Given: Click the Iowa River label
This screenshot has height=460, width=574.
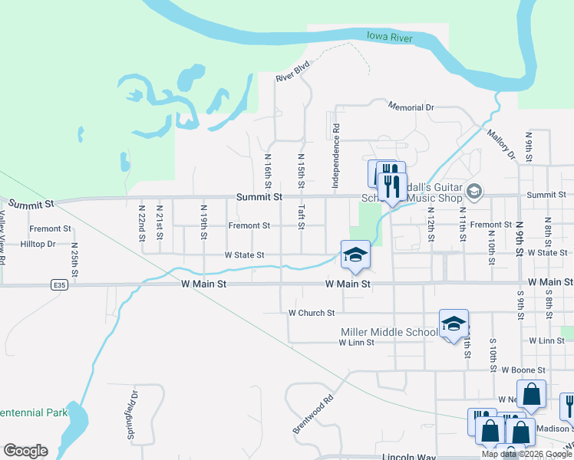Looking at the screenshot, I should [x=390, y=37].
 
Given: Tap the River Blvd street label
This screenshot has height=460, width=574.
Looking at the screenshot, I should [x=292, y=71].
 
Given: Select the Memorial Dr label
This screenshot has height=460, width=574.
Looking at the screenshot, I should [x=411, y=107].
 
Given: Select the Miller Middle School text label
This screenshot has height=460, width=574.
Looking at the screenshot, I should [x=389, y=332].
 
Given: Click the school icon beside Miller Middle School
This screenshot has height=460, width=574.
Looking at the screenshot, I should [x=454, y=324].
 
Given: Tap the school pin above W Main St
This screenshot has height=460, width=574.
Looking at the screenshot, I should [x=355, y=255].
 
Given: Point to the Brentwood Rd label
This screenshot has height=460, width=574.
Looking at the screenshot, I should [x=313, y=414].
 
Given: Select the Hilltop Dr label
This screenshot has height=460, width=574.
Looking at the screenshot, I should [x=38, y=244].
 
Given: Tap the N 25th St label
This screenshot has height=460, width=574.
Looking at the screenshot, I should [x=74, y=258].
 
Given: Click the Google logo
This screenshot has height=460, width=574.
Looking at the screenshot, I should [x=25, y=451].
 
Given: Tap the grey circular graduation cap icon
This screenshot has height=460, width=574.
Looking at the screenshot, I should [x=473, y=190].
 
